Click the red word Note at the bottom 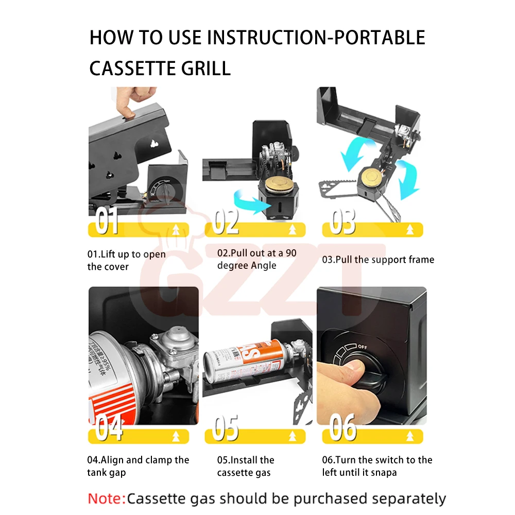tap(106, 499)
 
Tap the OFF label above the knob tap(362, 346)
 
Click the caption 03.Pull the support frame tap(378, 260)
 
